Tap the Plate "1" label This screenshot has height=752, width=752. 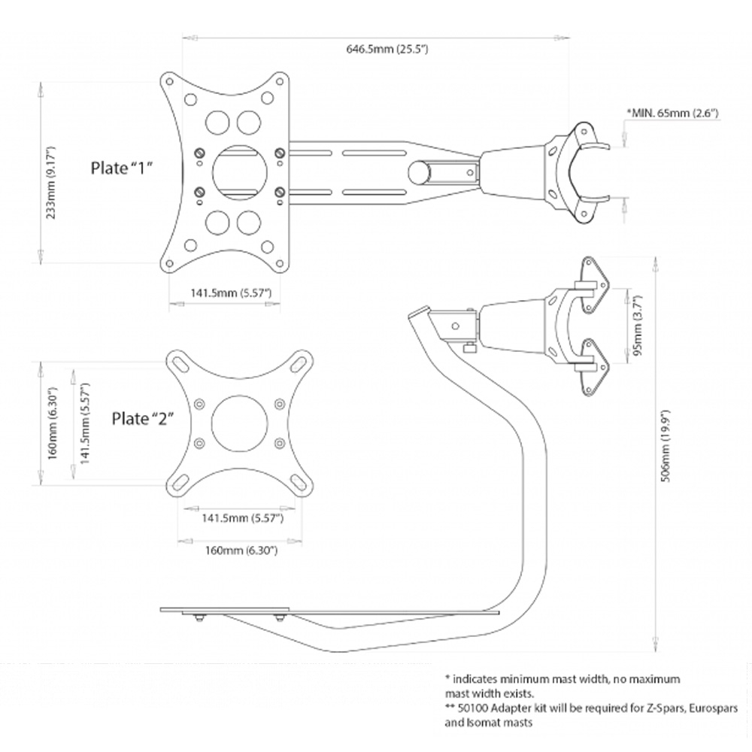pos(122,167)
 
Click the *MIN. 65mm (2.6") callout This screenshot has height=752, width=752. pos(673,113)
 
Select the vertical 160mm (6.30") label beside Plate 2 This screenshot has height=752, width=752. pos(52,423)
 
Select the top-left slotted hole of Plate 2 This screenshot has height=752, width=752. pos(179,363)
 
